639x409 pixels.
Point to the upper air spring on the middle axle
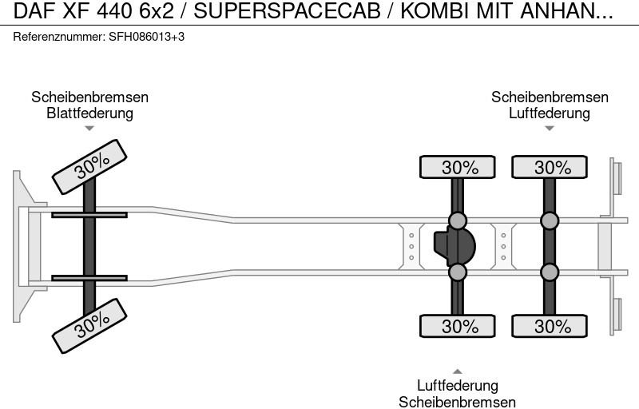(458, 220)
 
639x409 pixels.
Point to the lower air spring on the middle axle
(458, 272)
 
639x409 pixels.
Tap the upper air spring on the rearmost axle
(550, 220)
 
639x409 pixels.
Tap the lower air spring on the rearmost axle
(550, 272)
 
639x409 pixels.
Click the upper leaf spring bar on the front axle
(89, 215)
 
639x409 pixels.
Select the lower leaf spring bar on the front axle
(89, 278)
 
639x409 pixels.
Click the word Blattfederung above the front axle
(89, 113)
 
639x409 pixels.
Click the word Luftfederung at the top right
(550, 113)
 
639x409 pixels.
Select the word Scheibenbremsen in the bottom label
(458, 402)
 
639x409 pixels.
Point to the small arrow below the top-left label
(89, 128)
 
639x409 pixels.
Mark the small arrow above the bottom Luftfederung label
(458, 371)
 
